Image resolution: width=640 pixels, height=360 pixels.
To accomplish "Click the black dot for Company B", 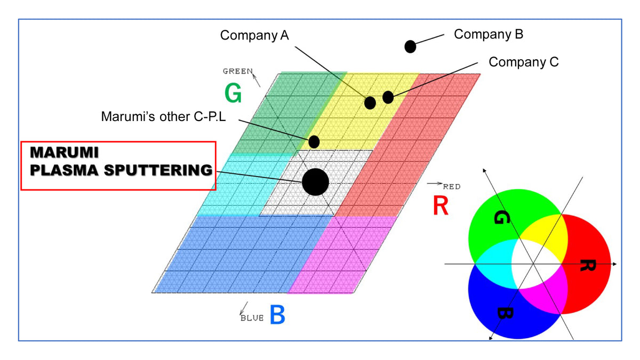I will pyautogui.click(x=410, y=46).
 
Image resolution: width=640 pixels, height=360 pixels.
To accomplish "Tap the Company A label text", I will pyautogui.click(x=254, y=36).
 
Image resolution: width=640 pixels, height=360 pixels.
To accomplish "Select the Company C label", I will pyautogui.click(x=523, y=62).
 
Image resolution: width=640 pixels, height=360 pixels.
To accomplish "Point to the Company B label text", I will pyautogui.click(x=489, y=35).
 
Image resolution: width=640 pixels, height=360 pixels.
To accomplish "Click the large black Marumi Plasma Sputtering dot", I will pyautogui.click(x=315, y=182).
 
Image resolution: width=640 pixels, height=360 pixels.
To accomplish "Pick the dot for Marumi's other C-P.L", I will pyautogui.click(x=314, y=142).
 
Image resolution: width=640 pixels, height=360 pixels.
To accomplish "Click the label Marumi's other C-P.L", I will pyautogui.click(x=164, y=117).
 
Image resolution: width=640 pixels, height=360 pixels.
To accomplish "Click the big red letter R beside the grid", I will pyautogui.click(x=441, y=206).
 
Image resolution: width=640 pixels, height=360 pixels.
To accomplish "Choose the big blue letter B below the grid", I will pyautogui.click(x=277, y=315).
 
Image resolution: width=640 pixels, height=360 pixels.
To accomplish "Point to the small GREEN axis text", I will pyautogui.click(x=237, y=71).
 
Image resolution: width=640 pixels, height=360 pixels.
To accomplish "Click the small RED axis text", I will pyautogui.click(x=451, y=187).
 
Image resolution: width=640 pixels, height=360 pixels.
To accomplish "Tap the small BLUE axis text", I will pyautogui.click(x=252, y=318).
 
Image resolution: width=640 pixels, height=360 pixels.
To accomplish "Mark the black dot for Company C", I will pyautogui.click(x=388, y=97).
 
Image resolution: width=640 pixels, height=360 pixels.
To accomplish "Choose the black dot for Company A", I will pyautogui.click(x=370, y=103).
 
